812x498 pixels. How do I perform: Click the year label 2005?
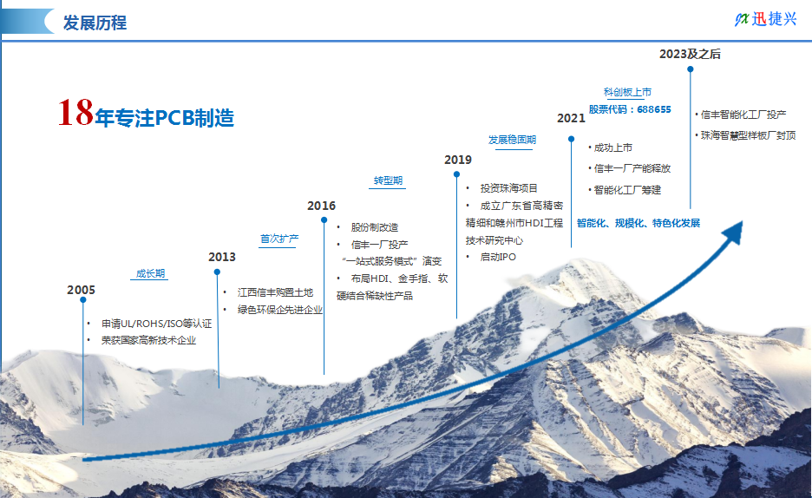(81, 290)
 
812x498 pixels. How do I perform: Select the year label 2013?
(221, 258)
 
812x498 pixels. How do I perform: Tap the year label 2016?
(321, 206)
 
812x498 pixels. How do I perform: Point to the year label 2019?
(458, 160)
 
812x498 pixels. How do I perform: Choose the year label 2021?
(571, 119)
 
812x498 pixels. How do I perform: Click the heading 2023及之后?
(690, 54)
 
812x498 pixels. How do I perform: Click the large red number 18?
(75, 112)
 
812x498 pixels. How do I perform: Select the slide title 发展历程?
(95, 23)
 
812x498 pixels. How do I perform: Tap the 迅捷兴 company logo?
(765, 19)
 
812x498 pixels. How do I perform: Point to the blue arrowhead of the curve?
(734, 232)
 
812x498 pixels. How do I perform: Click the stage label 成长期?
(150, 273)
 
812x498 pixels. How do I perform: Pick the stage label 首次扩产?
(279, 239)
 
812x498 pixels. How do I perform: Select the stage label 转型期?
(388, 180)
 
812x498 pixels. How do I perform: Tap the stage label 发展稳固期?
(512, 140)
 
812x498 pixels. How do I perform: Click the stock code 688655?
(653, 109)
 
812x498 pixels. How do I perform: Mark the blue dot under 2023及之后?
(691, 69)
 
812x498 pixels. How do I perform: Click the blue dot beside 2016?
(324, 220)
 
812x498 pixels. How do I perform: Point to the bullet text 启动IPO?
(498, 257)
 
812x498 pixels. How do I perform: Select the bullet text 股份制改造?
(375, 227)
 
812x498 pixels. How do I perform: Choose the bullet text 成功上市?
(613, 147)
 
